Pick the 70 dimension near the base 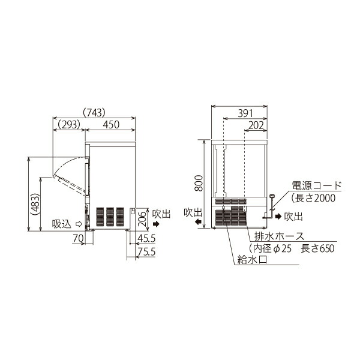[77, 238]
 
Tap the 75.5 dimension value [145, 252]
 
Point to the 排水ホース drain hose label [279, 236]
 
